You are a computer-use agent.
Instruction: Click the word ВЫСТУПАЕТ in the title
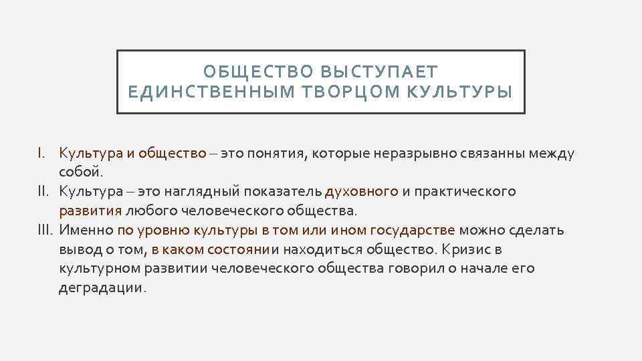tap(379, 72)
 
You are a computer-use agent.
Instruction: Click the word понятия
tap(276, 153)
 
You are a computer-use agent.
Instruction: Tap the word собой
tap(81, 172)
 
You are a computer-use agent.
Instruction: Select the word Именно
tap(86, 231)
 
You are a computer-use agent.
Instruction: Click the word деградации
tap(100, 289)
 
